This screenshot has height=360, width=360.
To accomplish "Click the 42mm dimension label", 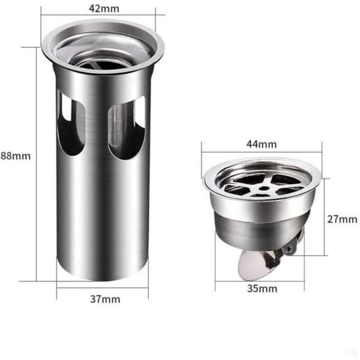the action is (x=104, y=9).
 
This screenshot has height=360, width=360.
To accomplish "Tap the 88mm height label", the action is (x=16, y=156).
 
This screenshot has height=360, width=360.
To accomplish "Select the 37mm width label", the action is (x=105, y=299).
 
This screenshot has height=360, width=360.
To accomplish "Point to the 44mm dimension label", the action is (x=262, y=144).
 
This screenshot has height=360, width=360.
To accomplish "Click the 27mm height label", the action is (x=342, y=219).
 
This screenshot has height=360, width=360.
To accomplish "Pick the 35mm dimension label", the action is (x=262, y=289).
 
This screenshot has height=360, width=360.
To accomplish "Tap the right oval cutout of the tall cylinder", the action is (x=127, y=128).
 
